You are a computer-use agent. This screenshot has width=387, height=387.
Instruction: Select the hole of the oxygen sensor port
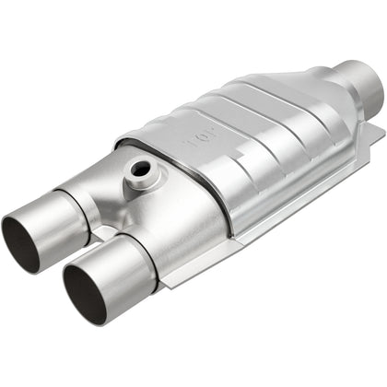pyautogui.click(x=141, y=170)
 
